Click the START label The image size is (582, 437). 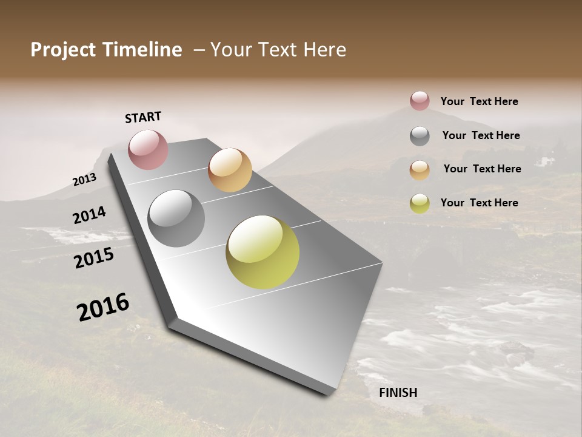pos(143,117)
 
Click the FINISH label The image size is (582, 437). pos(398,393)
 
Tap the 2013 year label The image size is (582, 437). pos(84,180)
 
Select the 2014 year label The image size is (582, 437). pos(89,215)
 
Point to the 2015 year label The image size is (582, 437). pos(94,258)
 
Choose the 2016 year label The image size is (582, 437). pos(103,307)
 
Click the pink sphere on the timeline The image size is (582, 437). pos(148,149)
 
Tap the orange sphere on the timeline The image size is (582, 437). pos(230,170)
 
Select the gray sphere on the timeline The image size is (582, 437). pos(176,218)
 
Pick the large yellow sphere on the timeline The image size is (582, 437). pos(263,252)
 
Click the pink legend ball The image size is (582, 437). pos(420,101)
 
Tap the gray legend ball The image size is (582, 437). pos(420,136)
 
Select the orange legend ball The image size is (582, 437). pos(420,170)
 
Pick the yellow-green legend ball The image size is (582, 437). pos(420,203)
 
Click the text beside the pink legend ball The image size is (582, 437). pos(479,101)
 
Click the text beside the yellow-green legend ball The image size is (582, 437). pos(479,203)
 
